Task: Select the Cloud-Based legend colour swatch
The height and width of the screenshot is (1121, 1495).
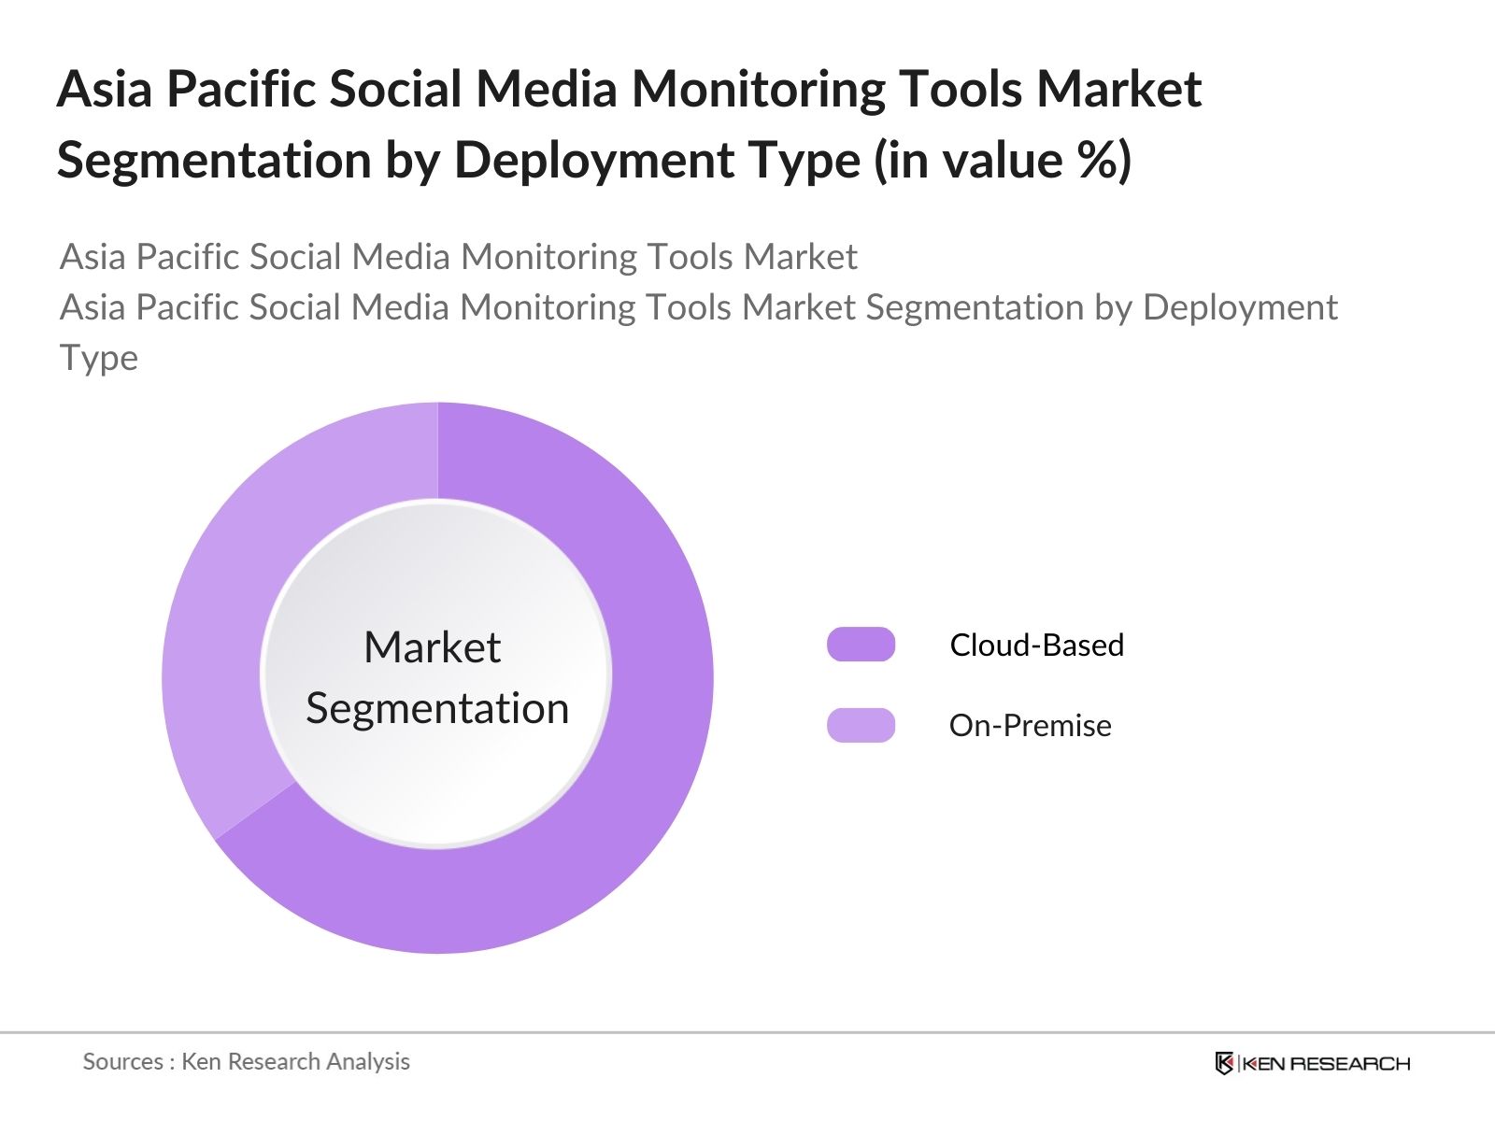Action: point(861,645)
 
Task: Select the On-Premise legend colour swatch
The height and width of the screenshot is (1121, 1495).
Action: point(861,726)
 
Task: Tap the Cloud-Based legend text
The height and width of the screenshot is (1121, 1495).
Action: point(1036,646)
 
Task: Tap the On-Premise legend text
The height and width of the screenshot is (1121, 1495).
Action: point(1030,726)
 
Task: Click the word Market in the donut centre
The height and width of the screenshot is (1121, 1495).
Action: point(432,647)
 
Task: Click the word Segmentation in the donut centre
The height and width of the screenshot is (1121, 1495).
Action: point(437,708)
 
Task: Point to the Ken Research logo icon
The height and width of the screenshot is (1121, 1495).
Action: point(1224,1063)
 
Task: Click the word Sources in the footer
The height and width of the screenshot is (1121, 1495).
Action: point(122,1061)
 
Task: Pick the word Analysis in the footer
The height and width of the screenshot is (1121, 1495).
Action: point(374,1061)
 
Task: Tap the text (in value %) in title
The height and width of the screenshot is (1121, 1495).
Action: point(1002,161)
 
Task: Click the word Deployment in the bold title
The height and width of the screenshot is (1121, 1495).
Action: point(657,161)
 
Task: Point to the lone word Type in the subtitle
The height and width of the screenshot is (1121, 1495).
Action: point(99,358)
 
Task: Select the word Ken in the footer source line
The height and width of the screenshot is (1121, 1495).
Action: point(201,1061)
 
